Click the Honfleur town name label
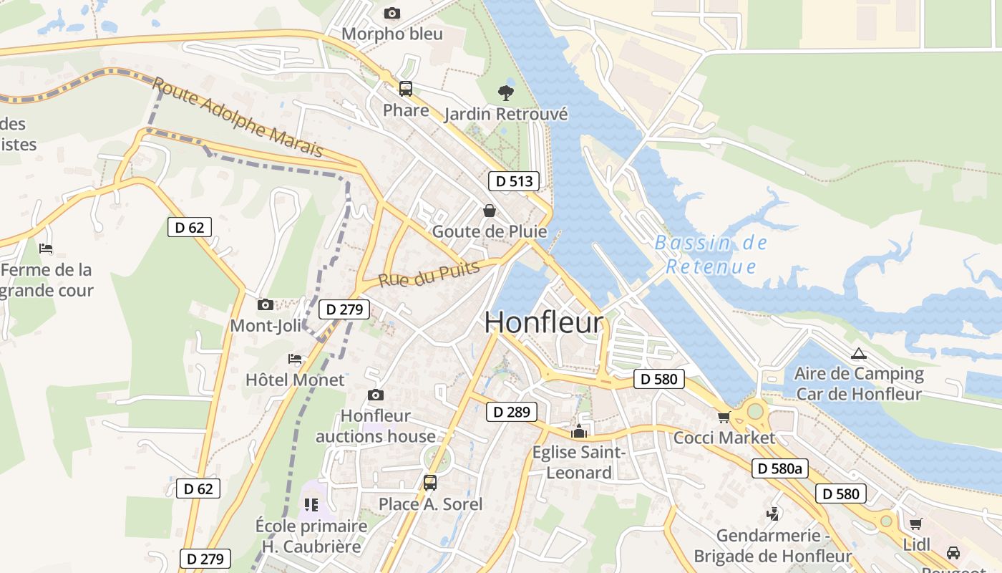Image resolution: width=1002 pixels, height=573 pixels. (x=544, y=322)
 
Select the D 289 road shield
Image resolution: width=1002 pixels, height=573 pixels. (x=511, y=412)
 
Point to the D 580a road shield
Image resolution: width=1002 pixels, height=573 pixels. (x=780, y=469)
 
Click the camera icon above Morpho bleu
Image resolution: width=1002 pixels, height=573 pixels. (x=391, y=13)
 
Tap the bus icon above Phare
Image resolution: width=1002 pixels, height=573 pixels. (x=406, y=89)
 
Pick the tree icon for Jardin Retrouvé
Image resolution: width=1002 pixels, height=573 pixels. (x=506, y=92)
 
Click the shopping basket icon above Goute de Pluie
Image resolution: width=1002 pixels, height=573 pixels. (x=490, y=210)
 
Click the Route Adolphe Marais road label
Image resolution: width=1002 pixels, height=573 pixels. (x=238, y=118)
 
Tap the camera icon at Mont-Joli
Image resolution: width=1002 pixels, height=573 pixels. (x=266, y=304)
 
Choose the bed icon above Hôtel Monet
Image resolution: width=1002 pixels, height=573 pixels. (x=295, y=359)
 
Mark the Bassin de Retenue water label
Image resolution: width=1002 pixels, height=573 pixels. (x=711, y=254)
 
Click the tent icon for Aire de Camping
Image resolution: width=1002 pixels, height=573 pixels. (x=858, y=353)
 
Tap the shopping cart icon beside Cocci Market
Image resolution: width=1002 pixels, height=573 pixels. (x=724, y=417)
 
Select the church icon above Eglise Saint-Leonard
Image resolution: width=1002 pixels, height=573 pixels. (x=579, y=432)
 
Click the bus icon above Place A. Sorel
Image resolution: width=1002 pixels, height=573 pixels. (x=429, y=483)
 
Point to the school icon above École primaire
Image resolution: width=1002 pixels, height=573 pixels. (x=311, y=505)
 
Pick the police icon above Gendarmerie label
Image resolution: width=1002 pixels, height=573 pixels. (x=773, y=514)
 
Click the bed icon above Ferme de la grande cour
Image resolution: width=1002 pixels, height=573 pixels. (x=46, y=249)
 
